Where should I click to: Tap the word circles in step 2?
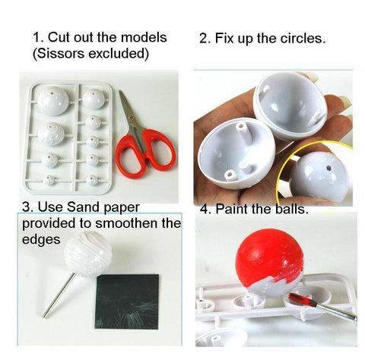pyautogui.click(x=303, y=38)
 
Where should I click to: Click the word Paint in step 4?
pyautogui.click(x=232, y=209)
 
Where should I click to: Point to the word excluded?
pyautogui.click(x=116, y=54)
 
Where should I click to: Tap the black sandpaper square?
pyautogui.click(x=127, y=302)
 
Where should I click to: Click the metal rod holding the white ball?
pyautogui.click(x=59, y=295)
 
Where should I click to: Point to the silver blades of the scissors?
pyautogui.click(x=132, y=114)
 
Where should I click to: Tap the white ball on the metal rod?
pyautogui.click(x=88, y=254)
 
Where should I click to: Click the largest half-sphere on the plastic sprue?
pyautogui.click(x=53, y=100)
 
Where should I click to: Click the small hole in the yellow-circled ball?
pyautogui.click(x=329, y=168)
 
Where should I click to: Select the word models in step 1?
pyautogui.click(x=144, y=37)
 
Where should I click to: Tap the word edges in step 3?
pyautogui.click(x=41, y=239)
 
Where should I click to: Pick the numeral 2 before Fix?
pyautogui.click(x=203, y=39)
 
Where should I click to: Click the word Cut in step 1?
pyautogui.click(x=59, y=37)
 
